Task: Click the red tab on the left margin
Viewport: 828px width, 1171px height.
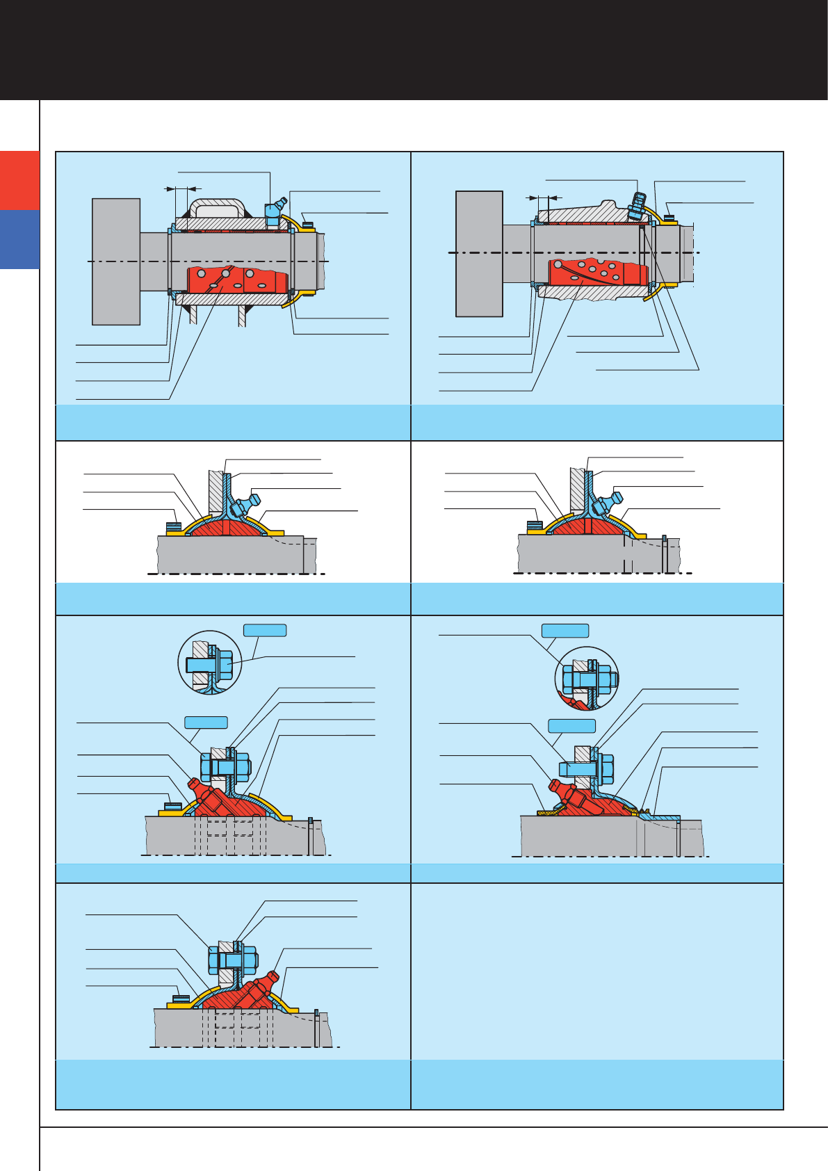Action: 19,180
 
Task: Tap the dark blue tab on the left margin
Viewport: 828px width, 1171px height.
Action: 19,239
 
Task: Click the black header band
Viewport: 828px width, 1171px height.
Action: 414,49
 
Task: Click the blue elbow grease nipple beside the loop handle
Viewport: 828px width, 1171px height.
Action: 273,210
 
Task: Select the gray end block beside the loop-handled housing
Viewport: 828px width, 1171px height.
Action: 116,261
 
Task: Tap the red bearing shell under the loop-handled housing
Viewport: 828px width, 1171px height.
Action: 236,279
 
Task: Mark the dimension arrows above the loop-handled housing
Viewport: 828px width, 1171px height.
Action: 182,188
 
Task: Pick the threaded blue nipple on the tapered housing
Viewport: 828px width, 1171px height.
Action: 635,202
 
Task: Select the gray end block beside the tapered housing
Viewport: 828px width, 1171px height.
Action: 479,254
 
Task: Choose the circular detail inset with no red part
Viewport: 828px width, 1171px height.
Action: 210,663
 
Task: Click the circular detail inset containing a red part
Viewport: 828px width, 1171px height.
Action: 587,679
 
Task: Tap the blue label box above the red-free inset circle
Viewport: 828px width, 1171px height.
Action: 264,630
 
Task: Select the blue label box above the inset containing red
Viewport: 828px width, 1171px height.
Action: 565,631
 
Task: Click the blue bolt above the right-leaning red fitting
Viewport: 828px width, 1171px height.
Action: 232,960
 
